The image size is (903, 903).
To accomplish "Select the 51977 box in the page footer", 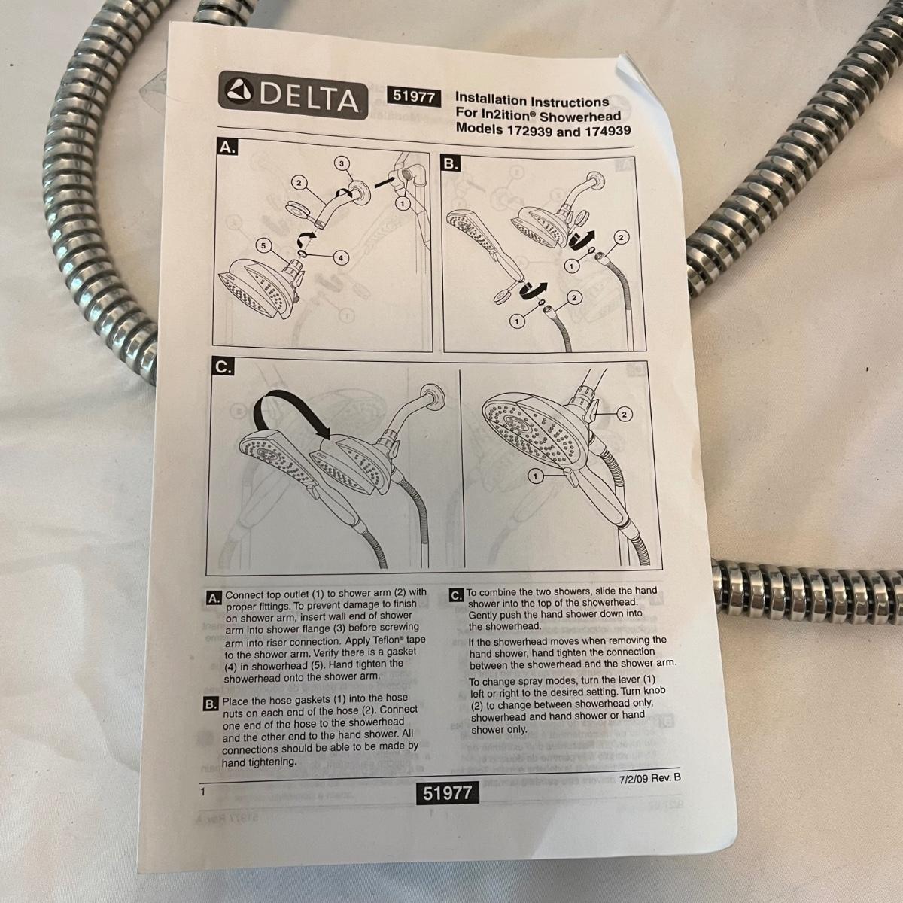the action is [x=448, y=793].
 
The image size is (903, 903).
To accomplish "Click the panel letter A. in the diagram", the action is [x=227, y=148].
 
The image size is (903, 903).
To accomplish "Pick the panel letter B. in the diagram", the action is [x=450, y=164].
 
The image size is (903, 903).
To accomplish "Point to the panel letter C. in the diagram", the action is [x=223, y=367].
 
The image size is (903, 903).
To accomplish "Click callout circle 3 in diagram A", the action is [x=342, y=163].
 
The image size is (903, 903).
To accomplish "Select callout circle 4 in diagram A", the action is [x=341, y=258].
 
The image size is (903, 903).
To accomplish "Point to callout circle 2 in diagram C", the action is [x=624, y=414].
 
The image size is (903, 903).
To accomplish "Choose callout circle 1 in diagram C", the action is [x=536, y=476].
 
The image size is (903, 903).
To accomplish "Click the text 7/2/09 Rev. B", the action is [x=649, y=778].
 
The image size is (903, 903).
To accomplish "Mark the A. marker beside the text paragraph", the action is [x=213, y=598].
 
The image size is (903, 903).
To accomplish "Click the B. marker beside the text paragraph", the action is [x=211, y=704].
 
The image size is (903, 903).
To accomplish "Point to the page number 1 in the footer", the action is [x=203, y=792].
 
